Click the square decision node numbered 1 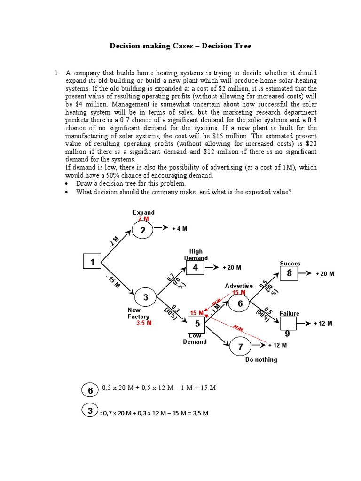(x=93, y=262)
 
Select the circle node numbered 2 (x=142, y=231)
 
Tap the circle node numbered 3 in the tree (x=146, y=297)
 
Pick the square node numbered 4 (x=196, y=268)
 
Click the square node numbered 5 (x=197, y=324)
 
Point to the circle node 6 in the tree (x=240, y=303)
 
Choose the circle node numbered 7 (x=241, y=347)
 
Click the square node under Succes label (x=289, y=273)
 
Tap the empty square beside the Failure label (x=289, y=323)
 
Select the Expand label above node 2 (x=143, y=213)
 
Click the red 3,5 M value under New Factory (x=144, y=323)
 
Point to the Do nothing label (x=261, y=359)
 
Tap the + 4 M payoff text (x=180, y=228)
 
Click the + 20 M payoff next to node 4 (x=232, y=267)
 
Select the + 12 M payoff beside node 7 (x=277, y=345)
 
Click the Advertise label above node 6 (x=239, y=286)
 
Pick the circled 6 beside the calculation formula (x=90, y=390)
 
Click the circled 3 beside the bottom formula (x=90, y=411)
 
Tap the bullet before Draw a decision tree (x=68, y=184)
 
